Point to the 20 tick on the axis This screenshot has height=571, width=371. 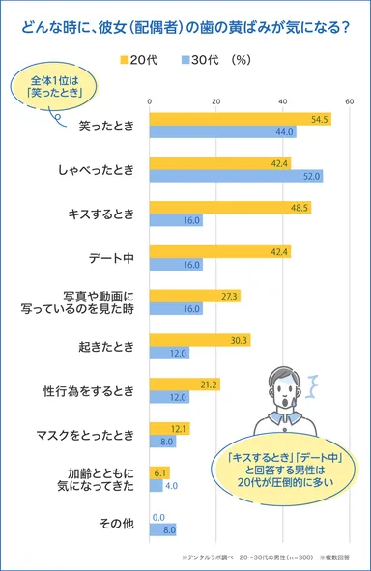click(x=215, y=100)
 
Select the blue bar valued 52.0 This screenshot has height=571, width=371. click(x=236, y=176)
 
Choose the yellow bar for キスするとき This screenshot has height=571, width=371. click(x=230, y=207)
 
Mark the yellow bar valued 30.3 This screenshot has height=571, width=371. click(x=199, y=340)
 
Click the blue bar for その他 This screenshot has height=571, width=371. click(x=162, y=529)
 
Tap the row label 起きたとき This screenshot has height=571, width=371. click(x=113, y=346)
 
